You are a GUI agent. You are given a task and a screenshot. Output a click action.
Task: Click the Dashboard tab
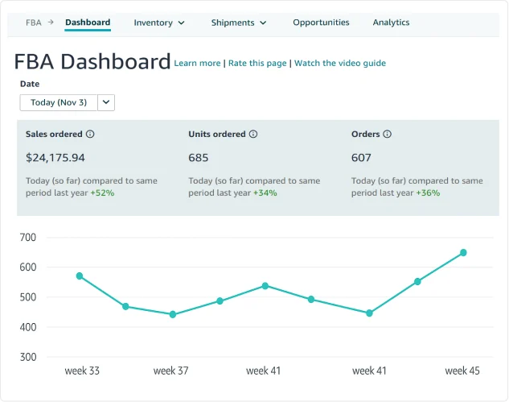pyautogui.click(x=88, y=23)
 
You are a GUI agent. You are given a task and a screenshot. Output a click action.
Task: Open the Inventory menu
pyautogui.click(x=159, y=23)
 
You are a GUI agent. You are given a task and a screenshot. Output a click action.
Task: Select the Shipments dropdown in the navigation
pyautogui.click(x=239, y=23)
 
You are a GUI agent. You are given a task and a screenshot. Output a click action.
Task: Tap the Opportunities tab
pyautogui.click(x=321, y=23)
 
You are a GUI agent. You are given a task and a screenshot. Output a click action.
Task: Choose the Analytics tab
pyautogui.click(x=391, y=23)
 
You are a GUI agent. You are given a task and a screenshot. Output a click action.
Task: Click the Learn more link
pyautogui.click(x=197, y=63)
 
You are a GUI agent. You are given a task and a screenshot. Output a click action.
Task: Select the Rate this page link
pyautogui.click(x=257, y=63)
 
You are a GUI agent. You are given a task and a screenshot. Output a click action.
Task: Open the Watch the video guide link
pyautogui.click(x=340, y=63)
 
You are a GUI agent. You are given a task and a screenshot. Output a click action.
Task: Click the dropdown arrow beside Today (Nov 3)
pyautogui.click(x=108, y=102)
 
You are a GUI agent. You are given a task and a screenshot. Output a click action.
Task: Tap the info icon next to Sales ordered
pyautogui.click(x=90, y=135)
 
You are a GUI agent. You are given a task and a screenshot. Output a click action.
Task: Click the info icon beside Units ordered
pyautogui.click(x=253, y=135)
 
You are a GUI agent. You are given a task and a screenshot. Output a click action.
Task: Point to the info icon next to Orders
pyautogui.click(x=388, y=135)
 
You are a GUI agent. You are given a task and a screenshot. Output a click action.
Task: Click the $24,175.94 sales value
pyautogui.click(x=55, y=158)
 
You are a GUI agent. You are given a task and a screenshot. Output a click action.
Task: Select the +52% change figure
pyautogui.click(x=102, y=193)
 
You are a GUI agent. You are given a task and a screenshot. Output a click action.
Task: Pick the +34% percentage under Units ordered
pyautogui.click(x=265, y=193)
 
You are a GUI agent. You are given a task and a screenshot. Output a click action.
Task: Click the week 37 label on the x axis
pyautogui.click(x=170, y=371)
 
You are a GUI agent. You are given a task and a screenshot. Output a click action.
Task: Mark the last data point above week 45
pyautogui.click(x=463, y=253)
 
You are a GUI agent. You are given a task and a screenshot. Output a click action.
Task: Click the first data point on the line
pyautogui.click(x=80, y=276)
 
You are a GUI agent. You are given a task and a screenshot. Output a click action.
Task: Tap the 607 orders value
pyautogui.click(x=362, y=158)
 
